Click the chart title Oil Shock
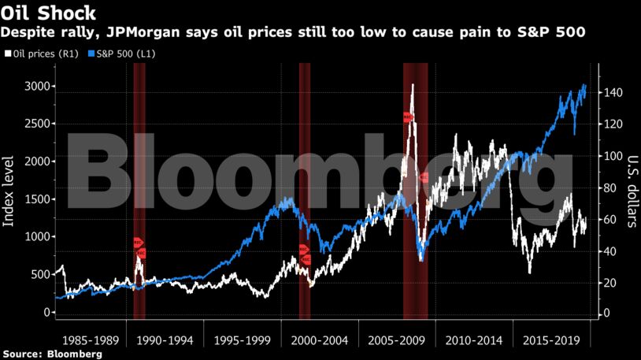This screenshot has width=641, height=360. click(x=49, y=13)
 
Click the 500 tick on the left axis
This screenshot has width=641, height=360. click(x=37, y=275)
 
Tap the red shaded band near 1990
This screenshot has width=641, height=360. click(x=139, y=189)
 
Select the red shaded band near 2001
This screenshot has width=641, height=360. click(x=304, y=189)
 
